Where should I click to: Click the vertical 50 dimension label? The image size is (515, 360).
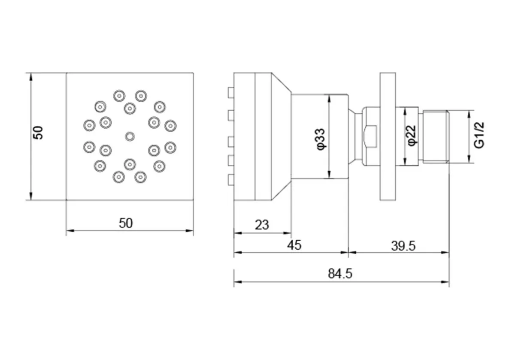coord(38,133)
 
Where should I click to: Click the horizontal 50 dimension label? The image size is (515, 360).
coord(126,223)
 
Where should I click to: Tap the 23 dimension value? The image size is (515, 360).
coord(262,225)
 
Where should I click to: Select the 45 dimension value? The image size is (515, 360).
coord(294,245)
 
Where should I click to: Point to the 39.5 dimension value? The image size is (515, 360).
coord(403,246)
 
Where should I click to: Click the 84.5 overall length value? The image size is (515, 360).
coord(340,274)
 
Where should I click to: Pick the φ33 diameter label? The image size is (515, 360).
coord(321,139)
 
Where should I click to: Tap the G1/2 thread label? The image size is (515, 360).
coord(479,135)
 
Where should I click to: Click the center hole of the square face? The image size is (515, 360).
coord(130,137)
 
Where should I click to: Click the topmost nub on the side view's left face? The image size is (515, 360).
coord(231,93)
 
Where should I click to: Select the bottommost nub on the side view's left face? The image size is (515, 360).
coord(231,180)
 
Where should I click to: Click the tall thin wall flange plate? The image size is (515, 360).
coord(388,136)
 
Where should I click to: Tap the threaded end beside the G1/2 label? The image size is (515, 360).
coord(436,137)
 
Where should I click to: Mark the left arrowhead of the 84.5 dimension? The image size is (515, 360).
coord(238,282)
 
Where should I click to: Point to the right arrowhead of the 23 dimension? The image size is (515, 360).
coord(288,233)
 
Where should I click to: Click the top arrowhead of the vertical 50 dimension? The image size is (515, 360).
coord(31,77)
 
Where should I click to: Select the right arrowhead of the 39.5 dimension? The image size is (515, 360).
coord(445,252)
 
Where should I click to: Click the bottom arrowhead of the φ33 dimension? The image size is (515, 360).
coord(329,174)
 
